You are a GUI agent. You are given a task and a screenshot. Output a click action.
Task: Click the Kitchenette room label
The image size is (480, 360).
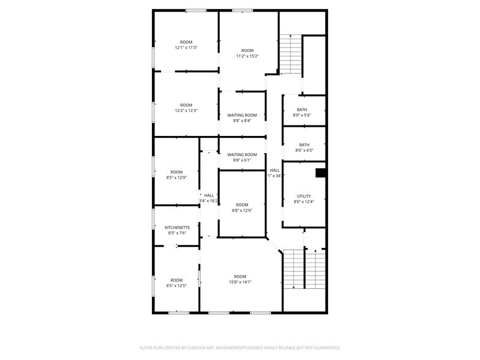[x=177, y=227]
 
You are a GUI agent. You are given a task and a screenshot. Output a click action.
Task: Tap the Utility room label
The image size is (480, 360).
[x=304, y=196]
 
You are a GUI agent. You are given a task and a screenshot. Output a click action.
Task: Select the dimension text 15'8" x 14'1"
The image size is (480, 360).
[x=239, y=282]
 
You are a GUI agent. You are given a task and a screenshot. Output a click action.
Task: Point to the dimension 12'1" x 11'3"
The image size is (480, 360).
[x=186, y=48]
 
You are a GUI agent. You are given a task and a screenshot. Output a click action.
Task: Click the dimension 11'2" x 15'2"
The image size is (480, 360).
[x=247, y=56]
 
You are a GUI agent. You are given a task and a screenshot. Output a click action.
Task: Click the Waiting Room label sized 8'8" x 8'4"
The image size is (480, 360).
[x=242, y=115]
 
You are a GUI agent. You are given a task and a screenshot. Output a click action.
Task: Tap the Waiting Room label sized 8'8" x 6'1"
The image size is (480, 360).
[x=242, y=155]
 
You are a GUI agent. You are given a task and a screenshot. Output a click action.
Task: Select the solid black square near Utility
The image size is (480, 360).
[x=320, y=173]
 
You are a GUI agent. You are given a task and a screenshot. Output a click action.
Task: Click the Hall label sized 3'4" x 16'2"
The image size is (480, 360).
[x=209, y=195]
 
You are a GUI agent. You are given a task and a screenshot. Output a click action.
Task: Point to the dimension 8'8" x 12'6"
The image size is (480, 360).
[x=242, y=211]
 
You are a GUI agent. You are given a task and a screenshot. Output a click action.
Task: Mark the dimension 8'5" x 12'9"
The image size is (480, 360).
[x=176, y=178]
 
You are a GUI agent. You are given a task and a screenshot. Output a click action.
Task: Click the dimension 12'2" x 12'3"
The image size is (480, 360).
[x=186, y=110]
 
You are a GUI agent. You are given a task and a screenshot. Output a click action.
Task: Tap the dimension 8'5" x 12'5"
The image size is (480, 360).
[x=176, y=285]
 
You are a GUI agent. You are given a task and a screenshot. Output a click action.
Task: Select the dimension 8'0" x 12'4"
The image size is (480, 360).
[x=304, y=201]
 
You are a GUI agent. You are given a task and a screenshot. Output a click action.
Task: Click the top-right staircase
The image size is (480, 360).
[x=291, y=55]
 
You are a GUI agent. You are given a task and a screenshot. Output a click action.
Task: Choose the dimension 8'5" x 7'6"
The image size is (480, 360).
[x=177, y=233]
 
